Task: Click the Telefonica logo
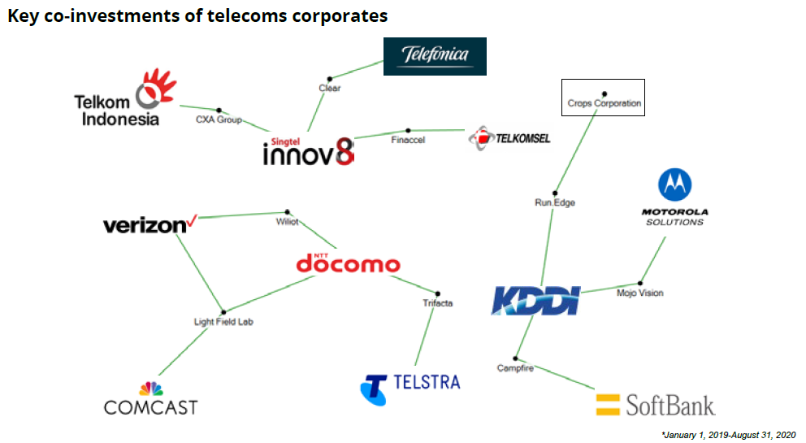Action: tap(435, 56)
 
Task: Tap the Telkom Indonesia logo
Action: tap(127, 99)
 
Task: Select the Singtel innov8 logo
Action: tap(309, 149)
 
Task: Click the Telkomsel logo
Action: tap(509, 138)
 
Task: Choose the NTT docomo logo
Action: tap(348, 263)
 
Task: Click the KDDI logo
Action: tap(536, 299)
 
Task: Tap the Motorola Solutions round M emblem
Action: tap(673, 185)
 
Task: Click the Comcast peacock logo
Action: tap(151, 389)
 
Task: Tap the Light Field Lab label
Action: tap(223, 322)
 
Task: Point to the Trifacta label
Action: tap(437, 303)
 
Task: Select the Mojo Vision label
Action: tap(639, 293)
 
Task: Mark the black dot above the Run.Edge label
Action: tap(555, 193)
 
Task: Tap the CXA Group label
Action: tap(219, 119)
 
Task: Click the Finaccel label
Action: tap(408, 140)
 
